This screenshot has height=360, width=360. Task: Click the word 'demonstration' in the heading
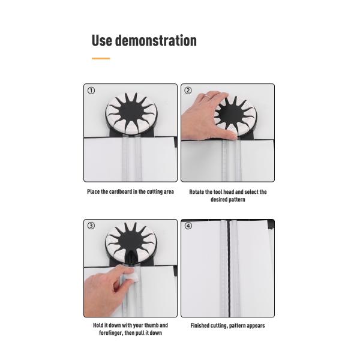[155, 41]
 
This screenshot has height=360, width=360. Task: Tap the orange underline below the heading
[101, 59]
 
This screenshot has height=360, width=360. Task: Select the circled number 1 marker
[91, 91]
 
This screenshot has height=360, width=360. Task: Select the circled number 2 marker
[188, 91]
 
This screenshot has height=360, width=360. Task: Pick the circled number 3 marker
[91, 226]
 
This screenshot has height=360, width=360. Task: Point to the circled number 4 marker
[188, 226]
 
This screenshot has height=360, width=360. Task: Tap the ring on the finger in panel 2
[207, 97]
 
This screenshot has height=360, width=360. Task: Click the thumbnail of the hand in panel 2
[233, 137]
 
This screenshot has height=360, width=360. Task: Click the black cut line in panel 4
[229, 268]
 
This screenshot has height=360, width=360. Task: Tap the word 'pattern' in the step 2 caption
[237, 200]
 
